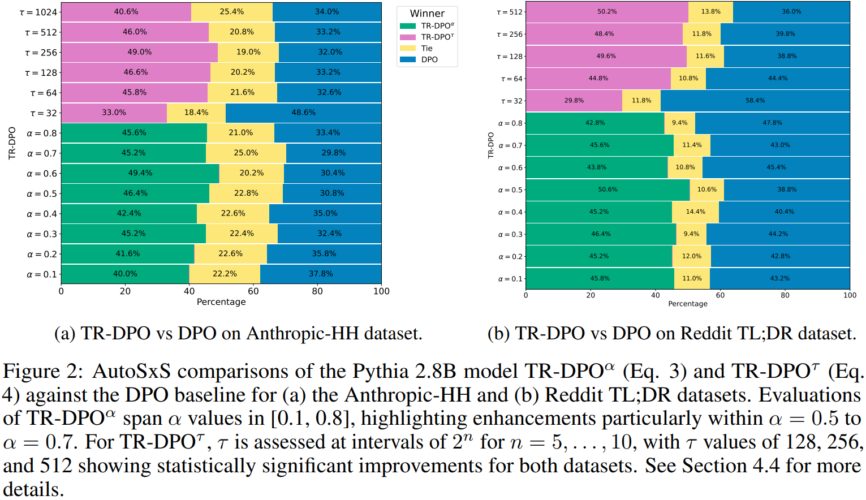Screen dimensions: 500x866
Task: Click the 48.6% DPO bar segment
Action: pyautogui.click(x=303, y=113)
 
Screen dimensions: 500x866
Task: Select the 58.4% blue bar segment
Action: pyautogui.click(x=755, y=101)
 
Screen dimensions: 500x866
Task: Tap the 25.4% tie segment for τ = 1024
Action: pyautogui.click(x=232, y=12)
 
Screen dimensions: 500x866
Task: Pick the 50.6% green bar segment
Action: pyautogui.click(x=608, y=189)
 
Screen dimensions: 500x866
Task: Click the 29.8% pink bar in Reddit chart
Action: pyautogui.click(x=574, y=101)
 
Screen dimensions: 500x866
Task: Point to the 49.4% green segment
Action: pyautogui.click(x=140, y=173)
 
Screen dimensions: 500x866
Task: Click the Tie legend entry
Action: pyautogui.click(x=426, y=48)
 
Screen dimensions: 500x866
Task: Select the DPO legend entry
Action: pyautogui.click(x=429, y=59)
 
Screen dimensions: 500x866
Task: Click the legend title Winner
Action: pyautogui.click(x=427, y=14)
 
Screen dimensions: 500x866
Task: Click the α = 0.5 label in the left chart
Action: pyautogui.click(x=42, y=194)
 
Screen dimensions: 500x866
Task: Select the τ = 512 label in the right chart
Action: pyautogui.click(x=510, y=12)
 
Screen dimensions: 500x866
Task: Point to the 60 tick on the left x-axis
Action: pyautogui.click(x=253, y=291)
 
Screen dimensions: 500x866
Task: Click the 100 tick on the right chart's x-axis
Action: pyautogui.click(x=849, y=295)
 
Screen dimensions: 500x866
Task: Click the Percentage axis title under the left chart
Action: pyautogui.click(x=221, y=302)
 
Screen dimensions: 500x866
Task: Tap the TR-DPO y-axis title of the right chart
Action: pyautogui.click(x=491, y=145)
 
